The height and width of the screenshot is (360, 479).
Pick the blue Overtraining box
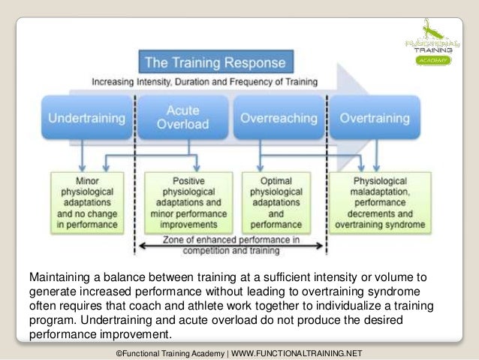pyautogui.click(x=375, y=118)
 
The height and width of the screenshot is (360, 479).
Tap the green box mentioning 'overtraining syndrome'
pyautogui.click(x=381, y=201)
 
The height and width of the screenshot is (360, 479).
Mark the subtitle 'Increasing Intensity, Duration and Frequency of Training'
pyautogui.click(x=204, y=81)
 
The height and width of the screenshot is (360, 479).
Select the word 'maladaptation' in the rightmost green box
pyautogui.click(x=381, y=192)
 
